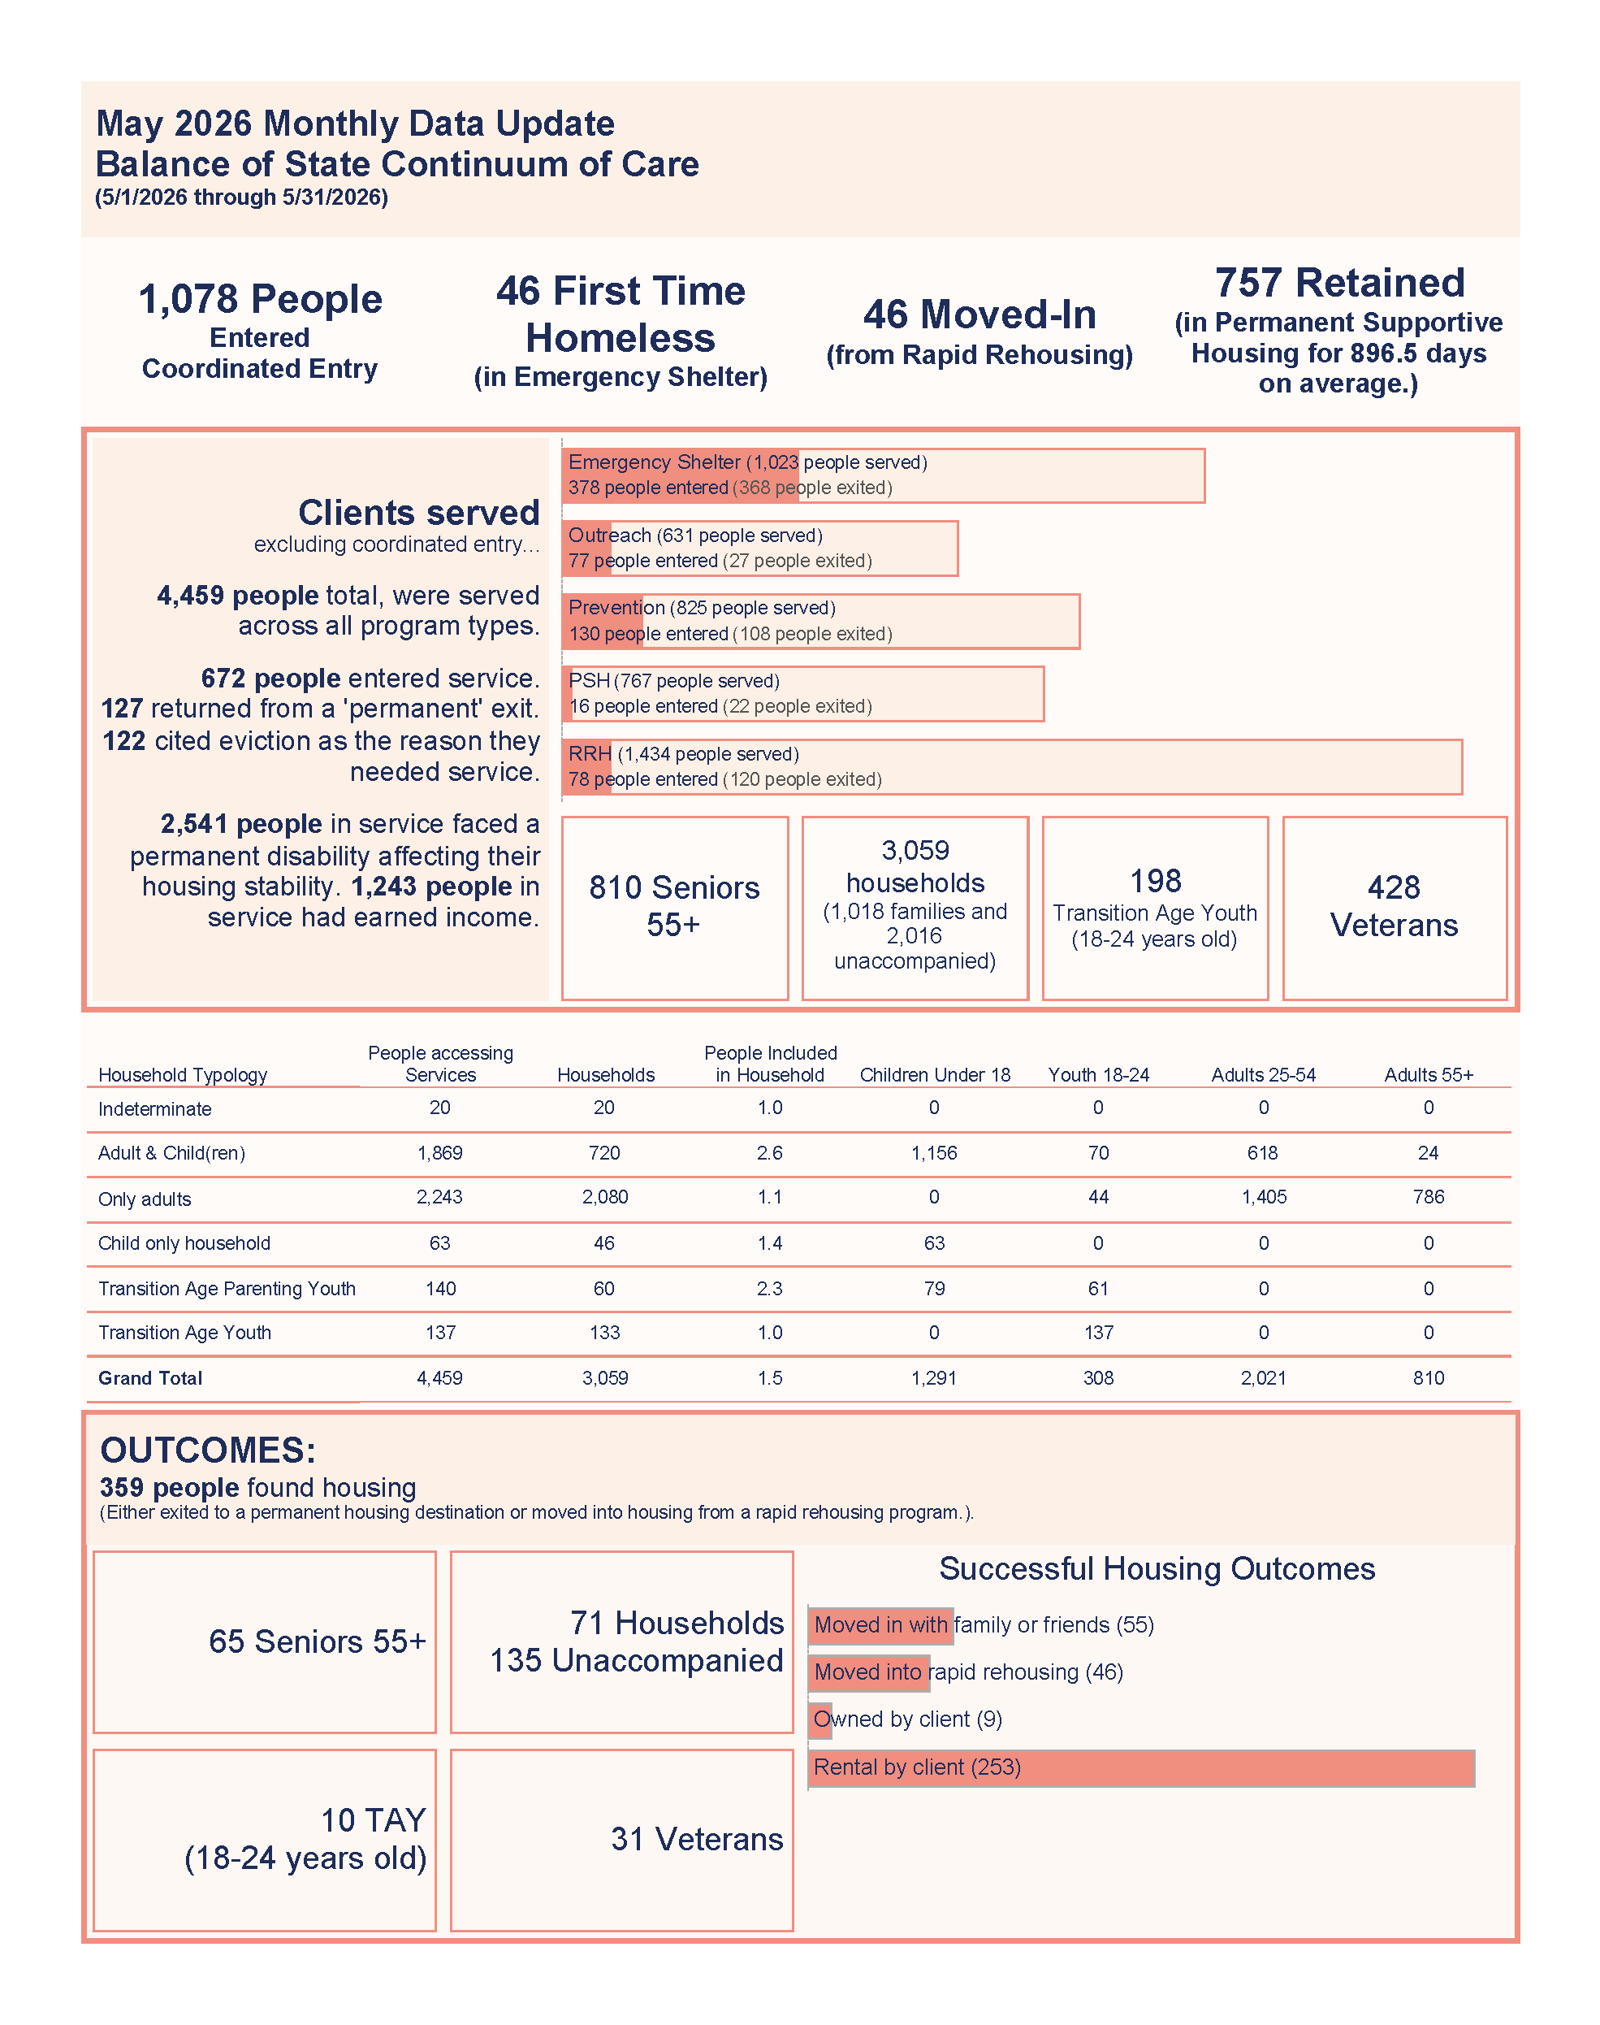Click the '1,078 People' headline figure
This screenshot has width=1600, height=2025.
click(261, 300)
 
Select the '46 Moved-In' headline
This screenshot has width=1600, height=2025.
click(979, 314)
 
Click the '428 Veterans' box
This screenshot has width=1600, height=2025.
click(1394, 907)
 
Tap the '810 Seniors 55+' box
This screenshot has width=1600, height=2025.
click(674, 907)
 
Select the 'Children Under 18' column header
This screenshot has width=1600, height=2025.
click(935, 1075)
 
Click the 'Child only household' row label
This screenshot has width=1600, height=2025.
click(184, 1242)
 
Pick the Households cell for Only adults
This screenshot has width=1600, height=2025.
click(605, 1197)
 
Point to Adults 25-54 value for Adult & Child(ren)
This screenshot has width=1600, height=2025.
click(1263, 1152)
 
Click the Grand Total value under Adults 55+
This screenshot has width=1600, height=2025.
click(1429, 1377)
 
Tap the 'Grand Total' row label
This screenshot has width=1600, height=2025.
click(150, 1377)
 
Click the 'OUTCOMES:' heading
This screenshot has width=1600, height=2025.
click(208, 1450)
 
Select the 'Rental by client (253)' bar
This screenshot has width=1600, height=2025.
click(1141, 1767)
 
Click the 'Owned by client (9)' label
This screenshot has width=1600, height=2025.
click(908, 1719)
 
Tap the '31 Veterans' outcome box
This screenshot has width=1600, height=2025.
click(621, 1840)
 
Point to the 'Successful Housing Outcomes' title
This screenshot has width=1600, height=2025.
click(1157, 1568)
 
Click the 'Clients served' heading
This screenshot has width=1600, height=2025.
click(419, 513)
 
